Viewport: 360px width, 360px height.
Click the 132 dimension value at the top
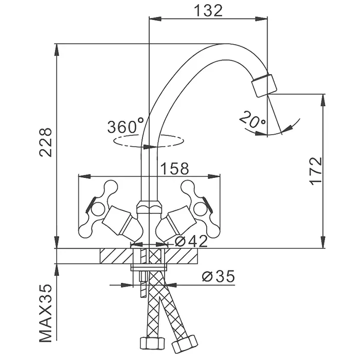[209, 10]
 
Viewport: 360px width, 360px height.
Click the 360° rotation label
[125, 125]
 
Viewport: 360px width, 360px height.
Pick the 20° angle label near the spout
[251, 120]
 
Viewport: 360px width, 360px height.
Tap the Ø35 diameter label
[218, 277]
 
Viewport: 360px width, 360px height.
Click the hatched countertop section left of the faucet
[116, 255]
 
